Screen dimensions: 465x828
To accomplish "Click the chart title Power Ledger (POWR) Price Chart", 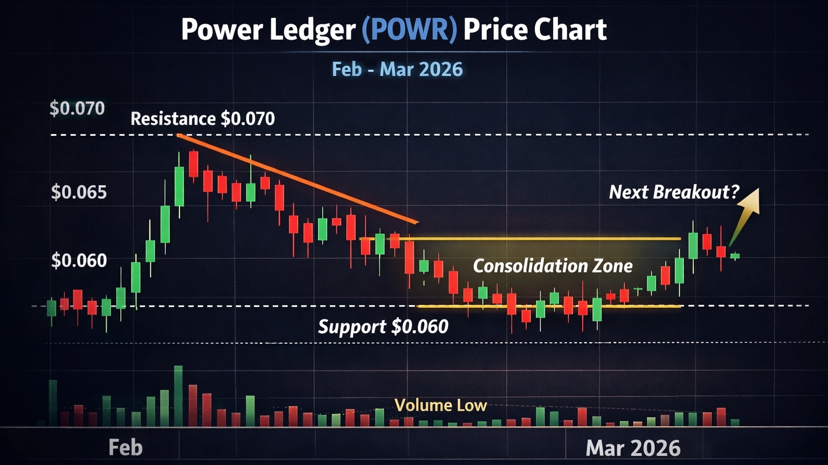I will (x=394, y=30).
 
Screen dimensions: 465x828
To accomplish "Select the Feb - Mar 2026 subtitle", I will (x=397, y=70).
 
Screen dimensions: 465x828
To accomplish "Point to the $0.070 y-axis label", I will (x=77, y=108).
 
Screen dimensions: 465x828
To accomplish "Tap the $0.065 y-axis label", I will (x=79, y=192).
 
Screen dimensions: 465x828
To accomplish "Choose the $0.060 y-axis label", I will (x=79, y=261).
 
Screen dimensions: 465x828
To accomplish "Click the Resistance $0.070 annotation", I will (x=203, y=119).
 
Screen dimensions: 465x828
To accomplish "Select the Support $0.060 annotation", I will (x=383, y=327).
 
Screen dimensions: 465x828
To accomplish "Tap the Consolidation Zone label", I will (x=553, y=266).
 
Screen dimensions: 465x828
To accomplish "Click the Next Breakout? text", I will (x=674, y=192).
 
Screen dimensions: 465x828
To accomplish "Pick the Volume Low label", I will (x=440, y=405).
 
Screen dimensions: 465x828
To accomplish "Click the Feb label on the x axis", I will (x=125, y=448).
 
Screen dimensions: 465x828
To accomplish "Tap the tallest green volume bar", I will (x=178, y=396).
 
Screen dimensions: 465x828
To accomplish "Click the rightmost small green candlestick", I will (x=735, y=256).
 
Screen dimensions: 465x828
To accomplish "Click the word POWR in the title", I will (x=409, y=30).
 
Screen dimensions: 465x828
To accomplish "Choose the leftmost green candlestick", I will (x=51, y=308).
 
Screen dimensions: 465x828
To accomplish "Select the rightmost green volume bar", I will (x=735, y=422).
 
